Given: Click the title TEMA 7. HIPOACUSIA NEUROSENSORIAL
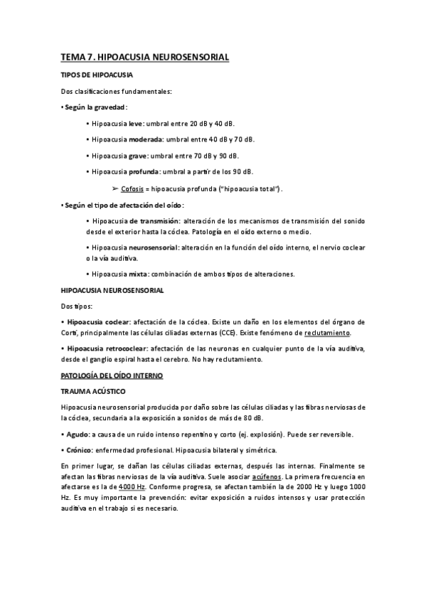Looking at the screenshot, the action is (x=145, y=56).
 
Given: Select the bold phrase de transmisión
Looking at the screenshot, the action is (x=154, y=222).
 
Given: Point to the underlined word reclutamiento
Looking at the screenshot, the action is (x=328, y=333).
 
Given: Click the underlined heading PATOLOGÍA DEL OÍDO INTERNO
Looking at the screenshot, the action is (x=112, y=375).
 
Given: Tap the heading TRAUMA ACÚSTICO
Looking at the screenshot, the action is (x=93, y=391).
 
